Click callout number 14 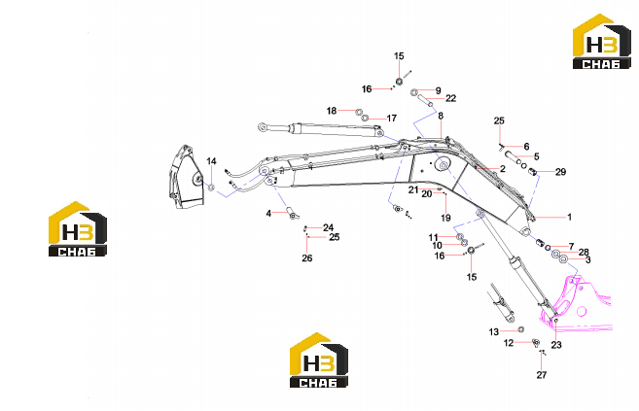pyautogui.click(x=211, y=161)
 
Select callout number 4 pyautogui.click(x=268, y=213)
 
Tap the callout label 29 pyautogui.click(x=561, y=172)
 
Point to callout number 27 pyautogui.click(x=541, y=375)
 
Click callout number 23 pyautogui.click(x=556, y=345)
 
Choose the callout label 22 pyautogui.click(x=450, y=98)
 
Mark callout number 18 pyautogui.click(x=332, y=111)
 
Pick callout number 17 pyautogui.click(x=392, y=118)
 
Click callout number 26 pyautogui.click(x=307, y=258)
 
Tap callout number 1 pyautogui.click(x=569, y=217)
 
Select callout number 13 pyautogui.click(x=493, y=332)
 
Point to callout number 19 pyautogui.click(x=445, y=218)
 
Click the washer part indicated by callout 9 pyautogui.click(x=413, y=92)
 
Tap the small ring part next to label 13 pyautogui.click(x=520, y=329)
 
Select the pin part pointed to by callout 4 pyautogui.click(x=292, y=213)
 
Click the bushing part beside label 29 pyautogui.click(x=533, y=173)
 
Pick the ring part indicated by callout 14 pyautogui.click(x=211, y=188)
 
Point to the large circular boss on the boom pyautogui.click(x=444, y=165)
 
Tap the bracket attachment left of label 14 pyautogui.click(x=186, y=177)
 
